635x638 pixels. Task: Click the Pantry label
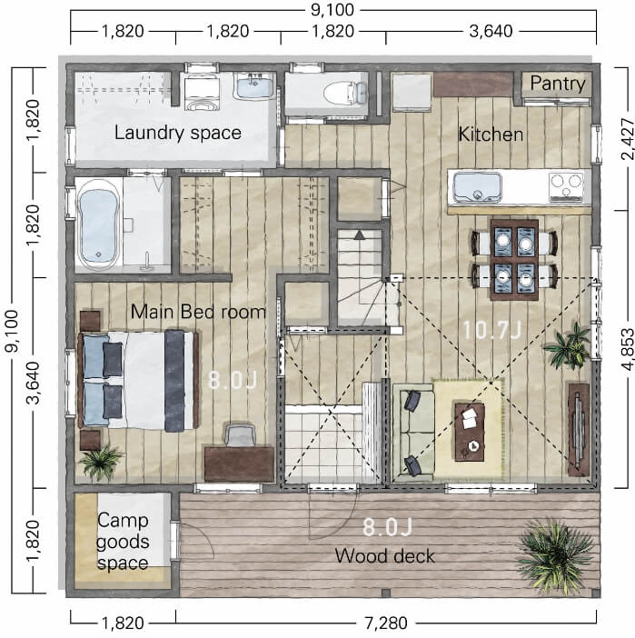coord(557,84)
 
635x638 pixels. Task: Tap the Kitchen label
coord(491,135)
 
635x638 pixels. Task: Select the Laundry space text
coord(178,133)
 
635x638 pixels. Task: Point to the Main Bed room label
coord(198,312)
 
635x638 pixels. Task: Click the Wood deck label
coord(384,556)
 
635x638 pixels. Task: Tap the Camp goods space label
coord(123,542)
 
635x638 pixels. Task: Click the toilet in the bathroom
coord(345,92)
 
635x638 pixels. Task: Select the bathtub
coord(98,225)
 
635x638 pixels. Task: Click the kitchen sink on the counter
coord(477,187)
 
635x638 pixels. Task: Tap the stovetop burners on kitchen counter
coord(565,187)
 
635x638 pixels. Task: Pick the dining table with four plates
coord(514,260)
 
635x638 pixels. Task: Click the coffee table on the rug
coord(470,432)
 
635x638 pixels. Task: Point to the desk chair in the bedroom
coord(240,435)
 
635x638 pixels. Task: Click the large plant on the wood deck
coord(553,554)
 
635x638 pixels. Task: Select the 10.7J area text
coord(491,330)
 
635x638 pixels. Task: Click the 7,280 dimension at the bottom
coord(386,623)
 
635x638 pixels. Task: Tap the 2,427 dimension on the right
coord(627,139)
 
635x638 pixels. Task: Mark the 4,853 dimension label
coord(627,349)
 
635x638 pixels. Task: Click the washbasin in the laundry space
coord(254,86)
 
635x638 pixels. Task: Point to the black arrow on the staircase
coord(359,234)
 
